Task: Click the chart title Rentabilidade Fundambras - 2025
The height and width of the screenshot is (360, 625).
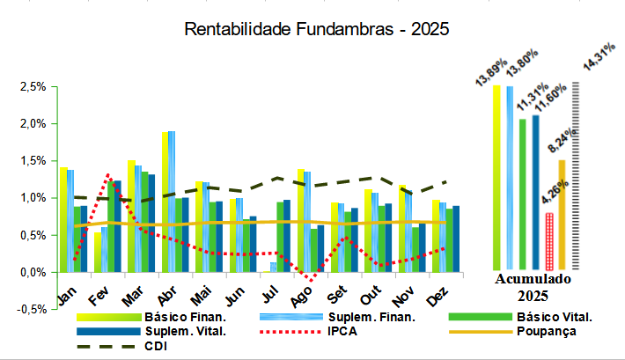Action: pyautogui.click(x=317, y=28)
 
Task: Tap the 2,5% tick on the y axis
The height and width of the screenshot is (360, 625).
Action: pyautogui.click(x=33, y=87)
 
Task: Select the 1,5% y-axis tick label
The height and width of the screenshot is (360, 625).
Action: pyautogui.click(x=33, y=161)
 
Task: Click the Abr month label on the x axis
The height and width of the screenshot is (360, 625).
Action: pyautogui.click(x=167, y=293)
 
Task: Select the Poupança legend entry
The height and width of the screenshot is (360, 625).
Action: pyautogui.click(x=547, y=331)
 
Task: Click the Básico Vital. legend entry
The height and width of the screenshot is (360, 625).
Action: pyautogui.click(x=554, y=316)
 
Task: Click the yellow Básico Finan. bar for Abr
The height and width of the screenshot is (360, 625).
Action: pyautogui.click(x=165, y=202)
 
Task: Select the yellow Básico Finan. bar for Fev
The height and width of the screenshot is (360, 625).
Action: pyautogui.click(x=98, y=252)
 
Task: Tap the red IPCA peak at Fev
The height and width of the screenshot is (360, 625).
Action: pyautogui.click(x=108, y=175)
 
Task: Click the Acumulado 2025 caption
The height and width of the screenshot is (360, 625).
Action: pyautogui.click(x=532, y=286)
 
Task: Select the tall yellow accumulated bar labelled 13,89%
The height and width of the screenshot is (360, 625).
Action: pyautogui.click(x=496, y=176)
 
